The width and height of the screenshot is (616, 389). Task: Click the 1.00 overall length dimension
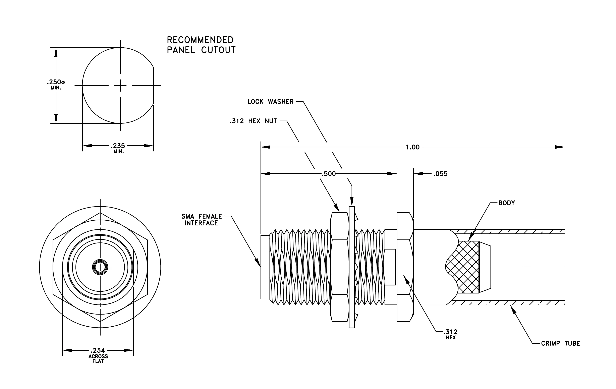click(x=412, y=147)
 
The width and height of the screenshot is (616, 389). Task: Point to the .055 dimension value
click(x=440, y=174)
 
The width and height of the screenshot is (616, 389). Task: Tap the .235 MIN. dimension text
click(x=118, y=148)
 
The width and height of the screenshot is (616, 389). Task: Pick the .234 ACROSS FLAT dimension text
click(x=98, y=355)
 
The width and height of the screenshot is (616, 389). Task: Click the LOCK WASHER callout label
click(x=270, y=102)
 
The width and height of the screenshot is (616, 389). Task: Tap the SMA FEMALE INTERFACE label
click(x=202, y=220)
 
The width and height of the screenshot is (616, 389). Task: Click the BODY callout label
click(x=507, y=203)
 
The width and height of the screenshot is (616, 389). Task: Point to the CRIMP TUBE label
click(x=560, y=343)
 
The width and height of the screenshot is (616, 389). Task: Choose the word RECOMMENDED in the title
click(x=200, y=40)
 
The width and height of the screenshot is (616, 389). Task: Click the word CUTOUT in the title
click(x=218, y=50)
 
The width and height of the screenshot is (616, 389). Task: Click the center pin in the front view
click(x=100, y=267)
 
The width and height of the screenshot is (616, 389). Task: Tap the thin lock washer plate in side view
click(x=352, y=267)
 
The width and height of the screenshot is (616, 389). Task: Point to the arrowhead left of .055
click(x=418, y=174)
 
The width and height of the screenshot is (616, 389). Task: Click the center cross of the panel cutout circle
click(x=120, y=86)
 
